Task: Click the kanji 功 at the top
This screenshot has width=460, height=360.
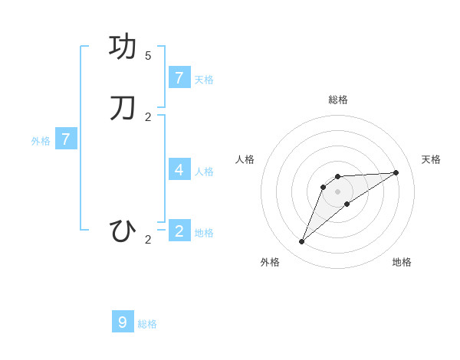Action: pyautogui.click(x=123, y=47)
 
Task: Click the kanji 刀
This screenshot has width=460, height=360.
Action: pyautogui.click(x=123, y=108)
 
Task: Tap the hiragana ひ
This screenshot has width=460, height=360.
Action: pyautogui.click(x=123, y=231)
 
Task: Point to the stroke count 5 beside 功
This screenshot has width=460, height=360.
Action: pyautogui.click(x=148, y=56)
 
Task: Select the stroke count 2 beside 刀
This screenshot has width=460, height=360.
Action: pyautogui.click(x=148, y=117)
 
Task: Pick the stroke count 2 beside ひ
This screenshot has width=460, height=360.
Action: pyautogui.click(x=148, y=240)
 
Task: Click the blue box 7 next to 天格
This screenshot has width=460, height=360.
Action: pyautogui.click(x=179, y=77)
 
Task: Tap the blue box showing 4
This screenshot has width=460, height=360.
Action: pyautogui.click(x=179, y=169)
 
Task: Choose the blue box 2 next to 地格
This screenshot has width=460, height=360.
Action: pyautogui.click(x=179, y=231)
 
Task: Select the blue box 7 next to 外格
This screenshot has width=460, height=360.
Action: pyautogui.click(x=66, y=139)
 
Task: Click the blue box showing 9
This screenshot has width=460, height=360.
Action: pyautogui.click(x=123, y=322)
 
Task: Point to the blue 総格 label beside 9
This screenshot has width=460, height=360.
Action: pyautogui.click(x=147, y=324)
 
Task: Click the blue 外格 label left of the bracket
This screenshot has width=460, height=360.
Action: pyautogui.click(x=41, y=141)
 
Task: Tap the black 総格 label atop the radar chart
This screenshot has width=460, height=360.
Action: pyautogui.click(x=338, y=100)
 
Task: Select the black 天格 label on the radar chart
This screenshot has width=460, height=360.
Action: pyautogui.click(x=431, y=159)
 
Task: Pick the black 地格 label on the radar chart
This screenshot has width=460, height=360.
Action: pyautogui.click(x=402, y=262)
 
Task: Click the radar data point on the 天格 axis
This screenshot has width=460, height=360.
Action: pyautogui.click(x=396, y=172)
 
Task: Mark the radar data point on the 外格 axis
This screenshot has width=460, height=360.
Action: pyautogui.click(x=302, y=241)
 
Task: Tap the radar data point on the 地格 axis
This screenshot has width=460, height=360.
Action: pyautogui.click(x=347, y=204)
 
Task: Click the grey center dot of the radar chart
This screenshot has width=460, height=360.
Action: pyautogui.click(x=338, y=191)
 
